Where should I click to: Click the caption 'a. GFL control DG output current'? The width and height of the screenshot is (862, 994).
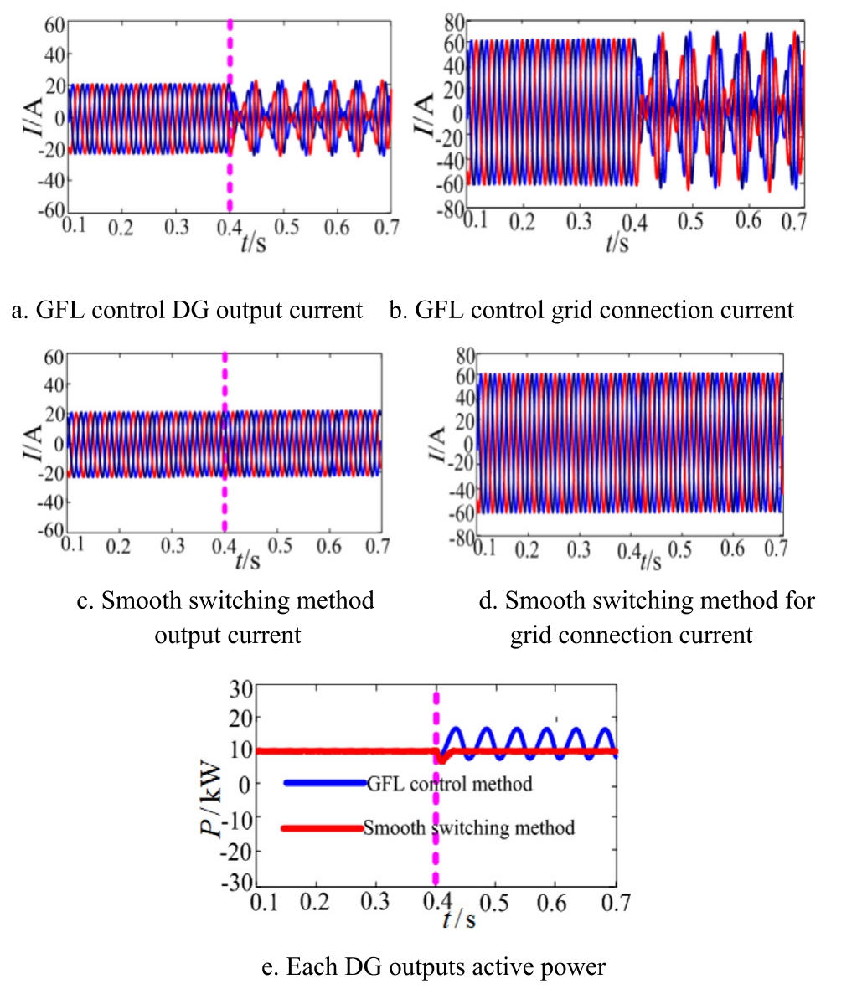click(187, 311)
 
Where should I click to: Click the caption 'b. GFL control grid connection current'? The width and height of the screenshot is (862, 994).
click(591, 311)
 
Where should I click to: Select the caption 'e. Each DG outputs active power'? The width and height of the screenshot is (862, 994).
click(434, 967)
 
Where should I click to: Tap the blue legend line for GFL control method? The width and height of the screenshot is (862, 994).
click(325, 783)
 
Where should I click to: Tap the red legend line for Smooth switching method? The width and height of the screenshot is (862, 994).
click(323, 828)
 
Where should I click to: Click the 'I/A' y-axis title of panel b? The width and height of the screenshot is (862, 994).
click(425, 115)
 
